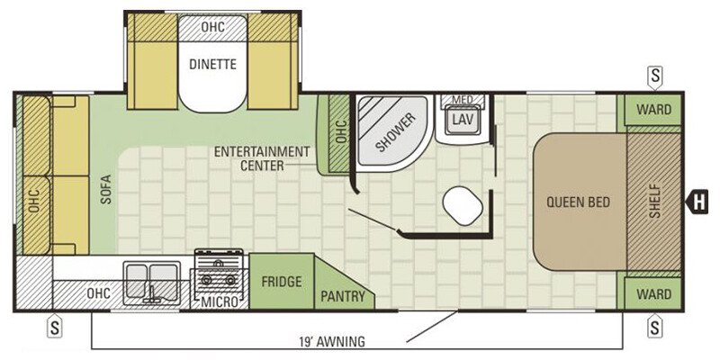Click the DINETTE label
tap(212, 64)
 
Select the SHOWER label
tap(395, 131)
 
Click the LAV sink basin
tap(463, 120)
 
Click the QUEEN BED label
tap(578, 202)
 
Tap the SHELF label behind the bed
tap(655, 201)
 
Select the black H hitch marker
tap(696, 202)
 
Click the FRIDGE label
tap(282, 282)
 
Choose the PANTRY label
tap(343, 296)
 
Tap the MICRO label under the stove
tap(220, 301)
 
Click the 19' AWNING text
tap(331, 342)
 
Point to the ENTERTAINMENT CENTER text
tap(262, 158)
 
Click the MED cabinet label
tap(463, 100)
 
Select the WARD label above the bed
tap(654, 110)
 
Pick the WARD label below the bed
tap(654, 294)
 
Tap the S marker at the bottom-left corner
tap(55, 327)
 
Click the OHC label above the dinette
tap(213, 27)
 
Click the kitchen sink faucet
tap(150, 294)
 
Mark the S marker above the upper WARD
tap(655, 76)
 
